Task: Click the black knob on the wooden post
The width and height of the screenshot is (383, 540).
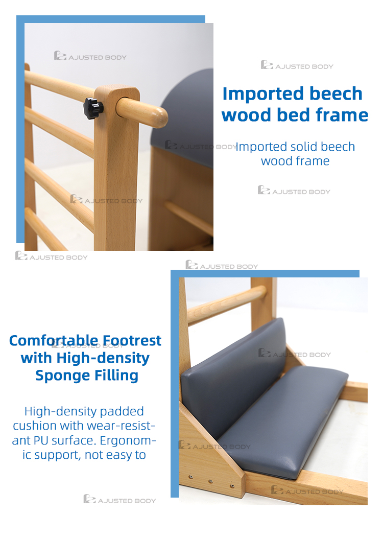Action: coord(93,108)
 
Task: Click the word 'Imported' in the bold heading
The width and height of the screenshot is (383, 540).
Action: coord(263,94)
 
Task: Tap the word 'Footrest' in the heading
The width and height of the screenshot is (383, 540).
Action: coord(132,340)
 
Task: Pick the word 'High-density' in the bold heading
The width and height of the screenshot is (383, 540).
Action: coord(103,358)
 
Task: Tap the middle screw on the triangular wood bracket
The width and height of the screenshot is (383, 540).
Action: coord(210,481)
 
